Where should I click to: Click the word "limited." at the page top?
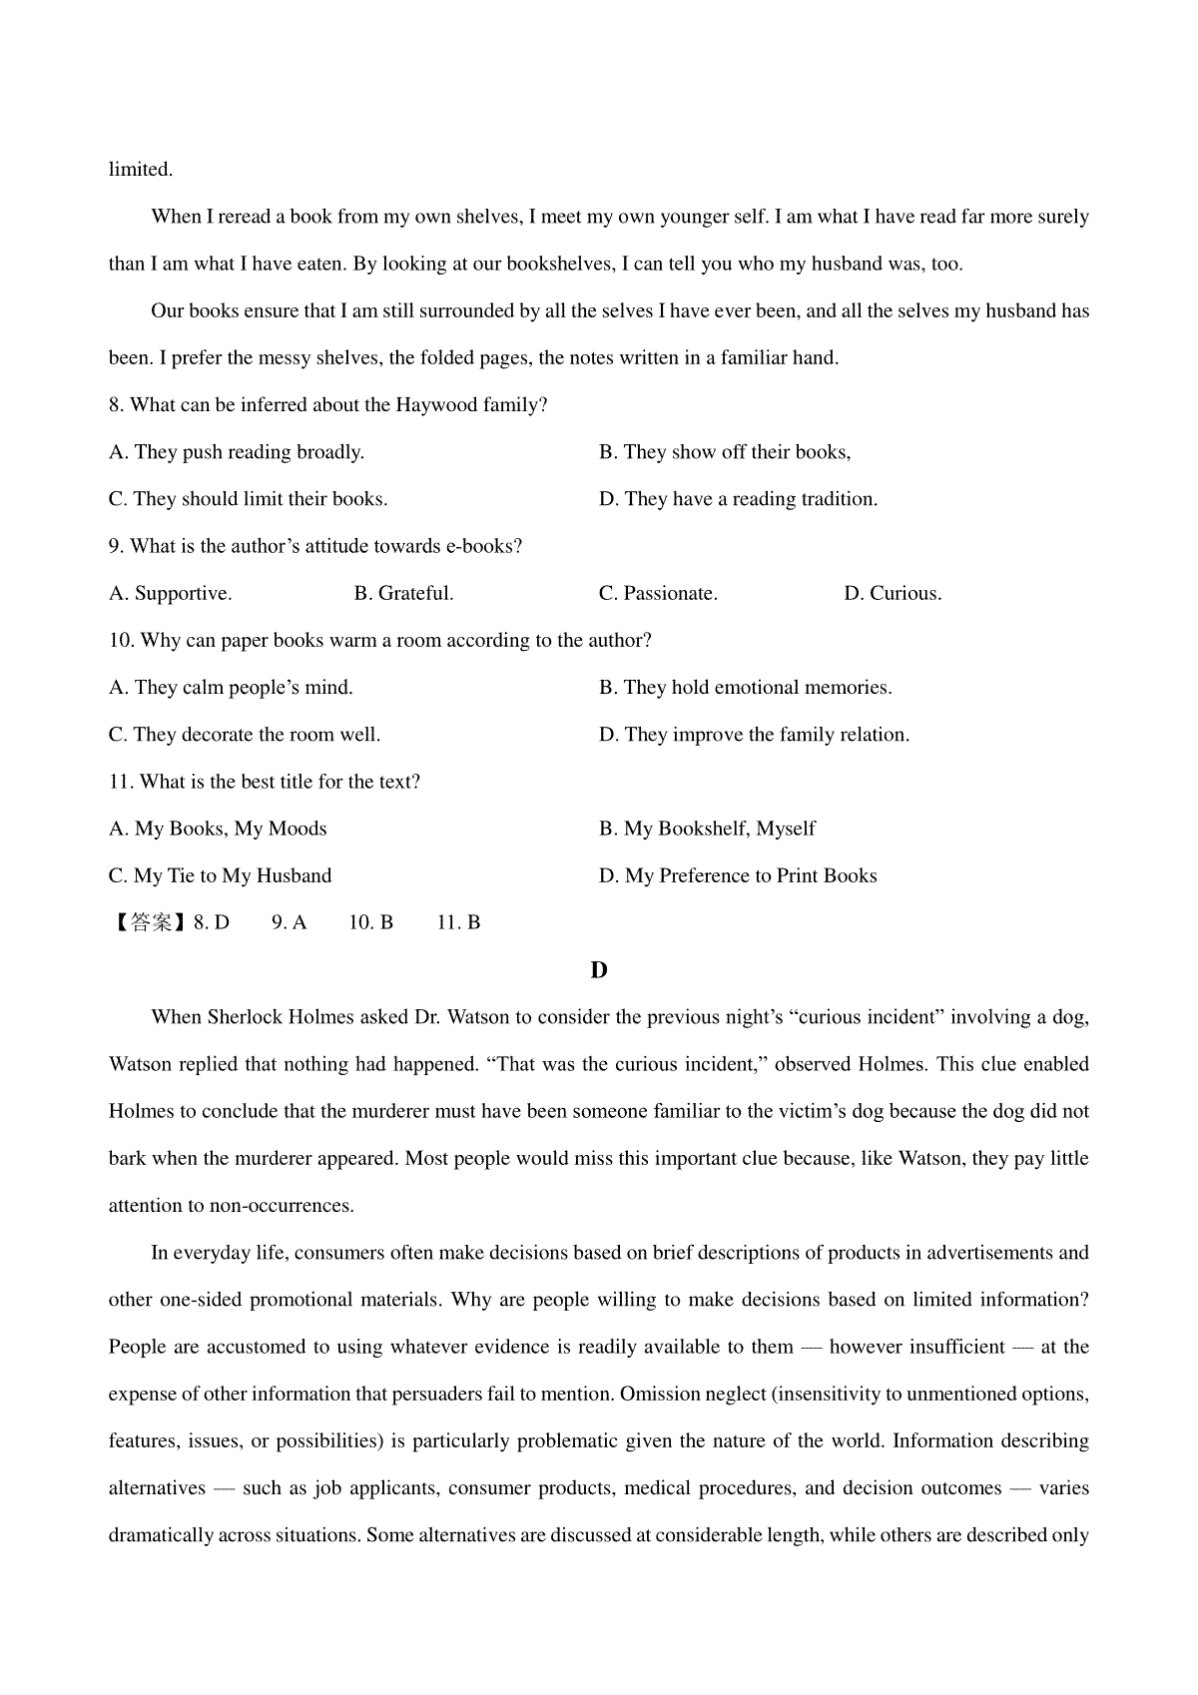pyautogui.click(x=141, y=170)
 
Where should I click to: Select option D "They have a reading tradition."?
pyautogui.click(x=738, y=499)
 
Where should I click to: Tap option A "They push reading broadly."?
pyautogui.click(x=237, y=452)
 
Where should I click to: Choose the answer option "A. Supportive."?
pyautogui.click(x=171, y=594)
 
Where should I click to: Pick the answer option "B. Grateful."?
pyautogui.click(x=404, y=594)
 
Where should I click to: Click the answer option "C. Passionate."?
pyautogui.click(x=658, y=594)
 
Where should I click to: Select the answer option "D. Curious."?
pyautogui.click(x=893, y=594)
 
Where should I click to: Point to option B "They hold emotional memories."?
pyautogui.click(x=745, y=688)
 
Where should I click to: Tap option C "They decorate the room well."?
pyautogui.click(x=245, y=735)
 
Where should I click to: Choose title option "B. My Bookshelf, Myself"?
pyautogui.click(x=707, y=829)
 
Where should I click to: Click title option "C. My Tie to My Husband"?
pyautogui.click(x=220, y=876)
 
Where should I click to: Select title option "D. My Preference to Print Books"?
pyautogui.click(x=738, y=876)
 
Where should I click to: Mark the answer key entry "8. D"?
pyautogui.click(x=212, y=923)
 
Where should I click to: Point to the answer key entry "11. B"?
pyautogui.click(x=458, y=923)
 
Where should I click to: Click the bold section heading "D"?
pyautogui.click(x=599, y=970)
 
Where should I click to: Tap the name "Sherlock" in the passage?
pyautogui.click(x=246, y=1018)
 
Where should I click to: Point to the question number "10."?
pyautogui.click(x=122, y=641)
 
